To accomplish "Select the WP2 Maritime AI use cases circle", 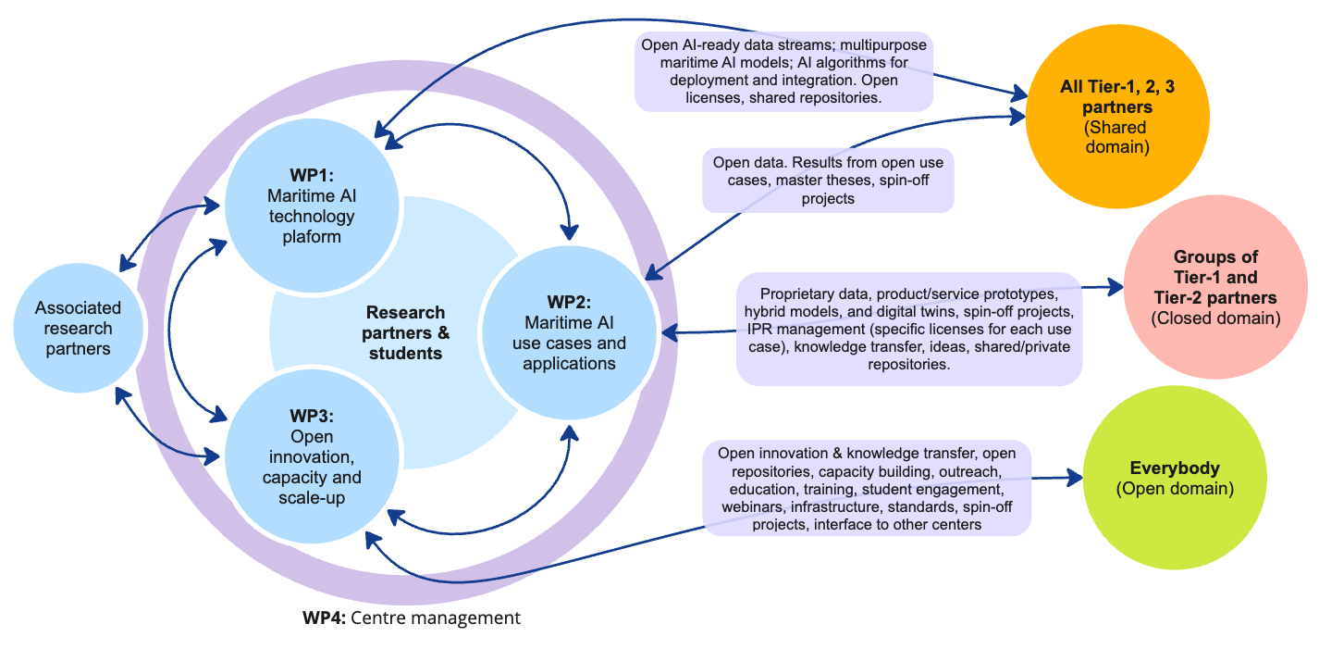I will tap(568, 333).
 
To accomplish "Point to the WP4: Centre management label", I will tap(412, 618).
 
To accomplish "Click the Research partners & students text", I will tap(404, 332).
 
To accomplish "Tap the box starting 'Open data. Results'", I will tap(828, 180).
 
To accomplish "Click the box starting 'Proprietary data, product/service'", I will tap(908, 328).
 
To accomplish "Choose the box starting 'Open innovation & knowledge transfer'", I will tap(867, 488).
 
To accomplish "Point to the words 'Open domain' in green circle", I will tap(1175, 488).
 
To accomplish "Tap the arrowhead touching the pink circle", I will tap(1115, 287).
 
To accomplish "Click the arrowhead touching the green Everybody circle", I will tap(1074, 478).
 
